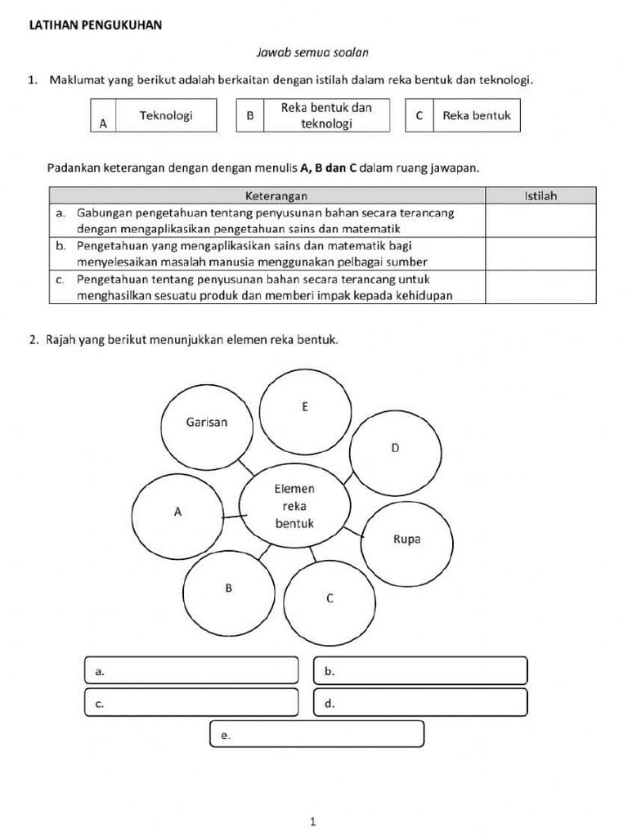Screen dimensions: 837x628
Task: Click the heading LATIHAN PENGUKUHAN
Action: (x=95, y=25)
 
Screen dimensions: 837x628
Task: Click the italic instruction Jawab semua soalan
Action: (x=312, y=52)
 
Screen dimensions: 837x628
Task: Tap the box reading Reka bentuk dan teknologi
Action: (x=325, y=115)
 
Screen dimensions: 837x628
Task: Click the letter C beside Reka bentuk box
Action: (x=419, y=115)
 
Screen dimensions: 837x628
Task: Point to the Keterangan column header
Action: (x=276, y=195)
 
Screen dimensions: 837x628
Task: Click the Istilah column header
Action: (x=541, y=195)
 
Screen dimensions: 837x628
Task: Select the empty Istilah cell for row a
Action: (x=541, y=220)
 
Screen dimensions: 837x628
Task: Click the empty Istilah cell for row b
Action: (x=541, y=253)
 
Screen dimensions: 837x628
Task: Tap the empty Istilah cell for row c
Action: (x=541, y=287)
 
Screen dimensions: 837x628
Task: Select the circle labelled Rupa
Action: (x=406, y=539)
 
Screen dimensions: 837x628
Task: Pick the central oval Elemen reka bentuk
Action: (x=294, y=506)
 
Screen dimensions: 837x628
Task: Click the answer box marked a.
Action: (x=191, y=671)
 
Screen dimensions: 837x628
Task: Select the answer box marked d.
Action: (x=420, y=703)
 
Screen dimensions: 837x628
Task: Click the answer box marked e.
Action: (x=316, y=734)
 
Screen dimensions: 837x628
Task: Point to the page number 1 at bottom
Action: (x=313, y=822)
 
